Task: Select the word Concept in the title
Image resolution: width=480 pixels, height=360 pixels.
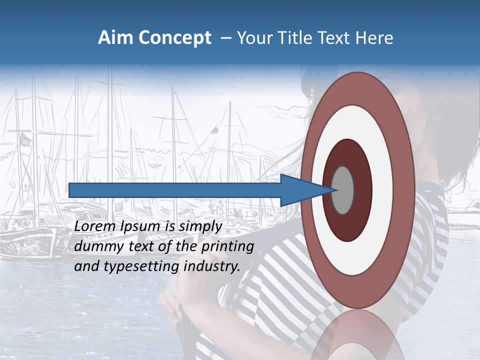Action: pyautogui.click(x=175, y=38)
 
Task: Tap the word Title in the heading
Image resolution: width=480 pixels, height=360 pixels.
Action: pyautogui.click(x=292, y=38)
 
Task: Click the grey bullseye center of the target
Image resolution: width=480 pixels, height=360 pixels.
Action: pyautogui.click(x=343, y=190)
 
